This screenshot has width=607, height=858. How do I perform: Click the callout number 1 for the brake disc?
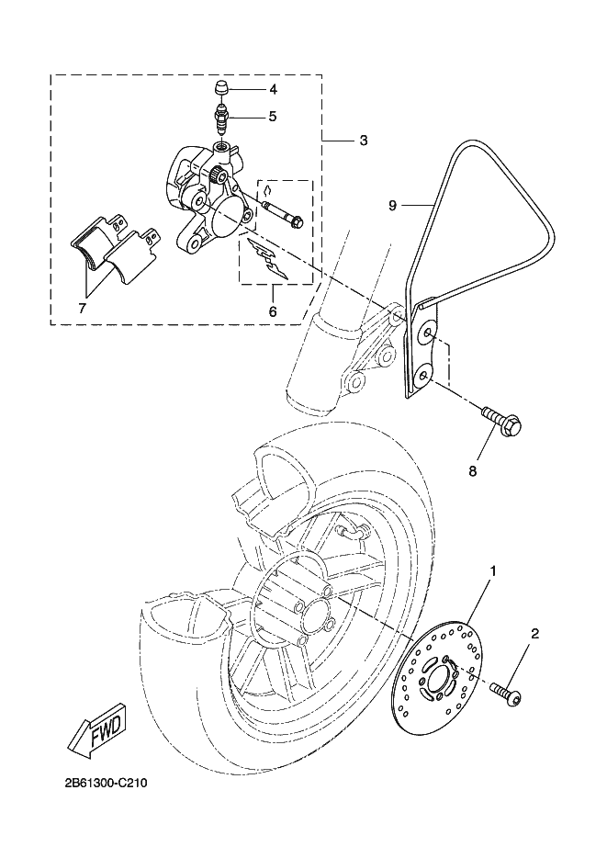click(x=493, y=571)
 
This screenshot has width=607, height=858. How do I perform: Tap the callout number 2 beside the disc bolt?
click(x=534, y=634)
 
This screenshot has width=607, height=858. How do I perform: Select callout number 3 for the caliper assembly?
click(x=364, y=141)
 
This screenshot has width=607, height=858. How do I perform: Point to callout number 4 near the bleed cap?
click(x=273, y=88)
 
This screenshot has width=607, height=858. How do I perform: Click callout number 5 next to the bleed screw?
click(x=273, y=117)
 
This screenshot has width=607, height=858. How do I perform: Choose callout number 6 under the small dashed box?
click(x=273, y=312)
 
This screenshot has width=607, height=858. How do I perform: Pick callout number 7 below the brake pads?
click(x=82, y=309)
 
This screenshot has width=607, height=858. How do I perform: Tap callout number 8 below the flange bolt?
click(x=473, y=470)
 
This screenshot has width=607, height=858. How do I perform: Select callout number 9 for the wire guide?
click(x=393, y=205)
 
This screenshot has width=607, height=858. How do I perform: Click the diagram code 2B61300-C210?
click(x=106, y=783)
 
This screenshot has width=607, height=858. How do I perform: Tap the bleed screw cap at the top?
click(x=221, y=88)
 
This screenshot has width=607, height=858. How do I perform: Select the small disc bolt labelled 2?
click(x=506, y=692)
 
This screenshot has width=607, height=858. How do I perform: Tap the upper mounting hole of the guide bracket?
click(x=425, y=335)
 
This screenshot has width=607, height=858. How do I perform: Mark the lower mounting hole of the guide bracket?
click(x=424, y=377)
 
